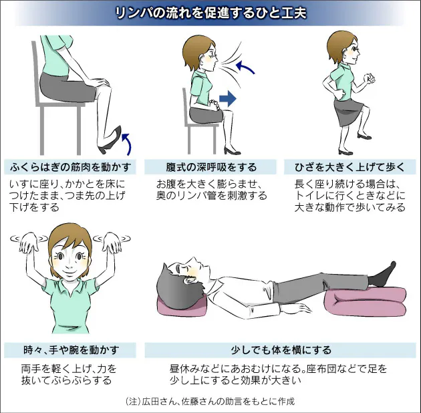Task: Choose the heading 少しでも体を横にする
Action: point(281,350)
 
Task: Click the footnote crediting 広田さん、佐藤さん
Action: point(210,402)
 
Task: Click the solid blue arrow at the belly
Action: point(228,100)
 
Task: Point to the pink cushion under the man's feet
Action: point(364,301)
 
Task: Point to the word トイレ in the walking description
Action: point(308,195)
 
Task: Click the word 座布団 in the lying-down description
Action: point(325,368)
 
